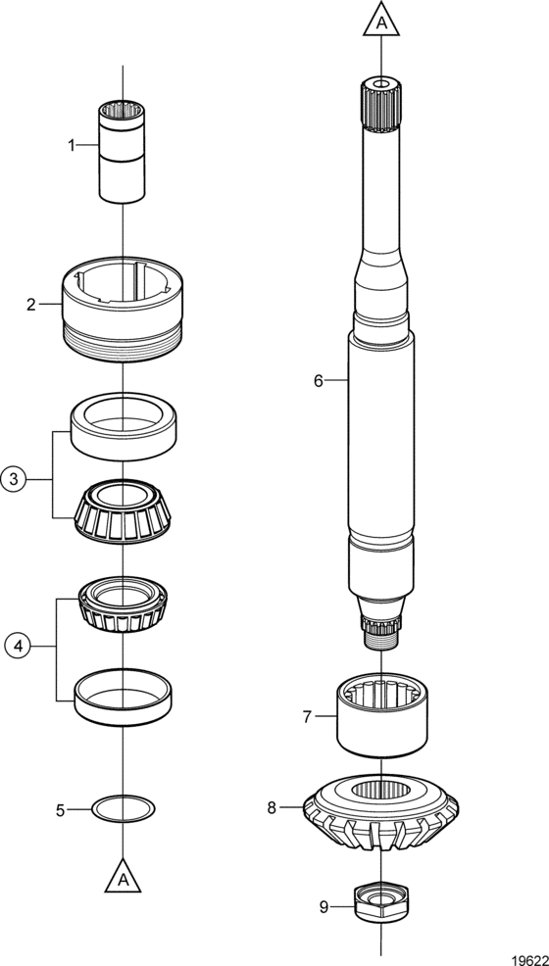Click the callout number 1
[x=72, y=145]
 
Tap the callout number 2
[x=31, y=305]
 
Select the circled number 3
[x=13, y=478]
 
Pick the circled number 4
[x=18, y=646]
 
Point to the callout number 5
[x=61, y=811]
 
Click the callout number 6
[x=319, y=381]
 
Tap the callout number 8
[x=272, y=807]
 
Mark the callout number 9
[x=324, y=906]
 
